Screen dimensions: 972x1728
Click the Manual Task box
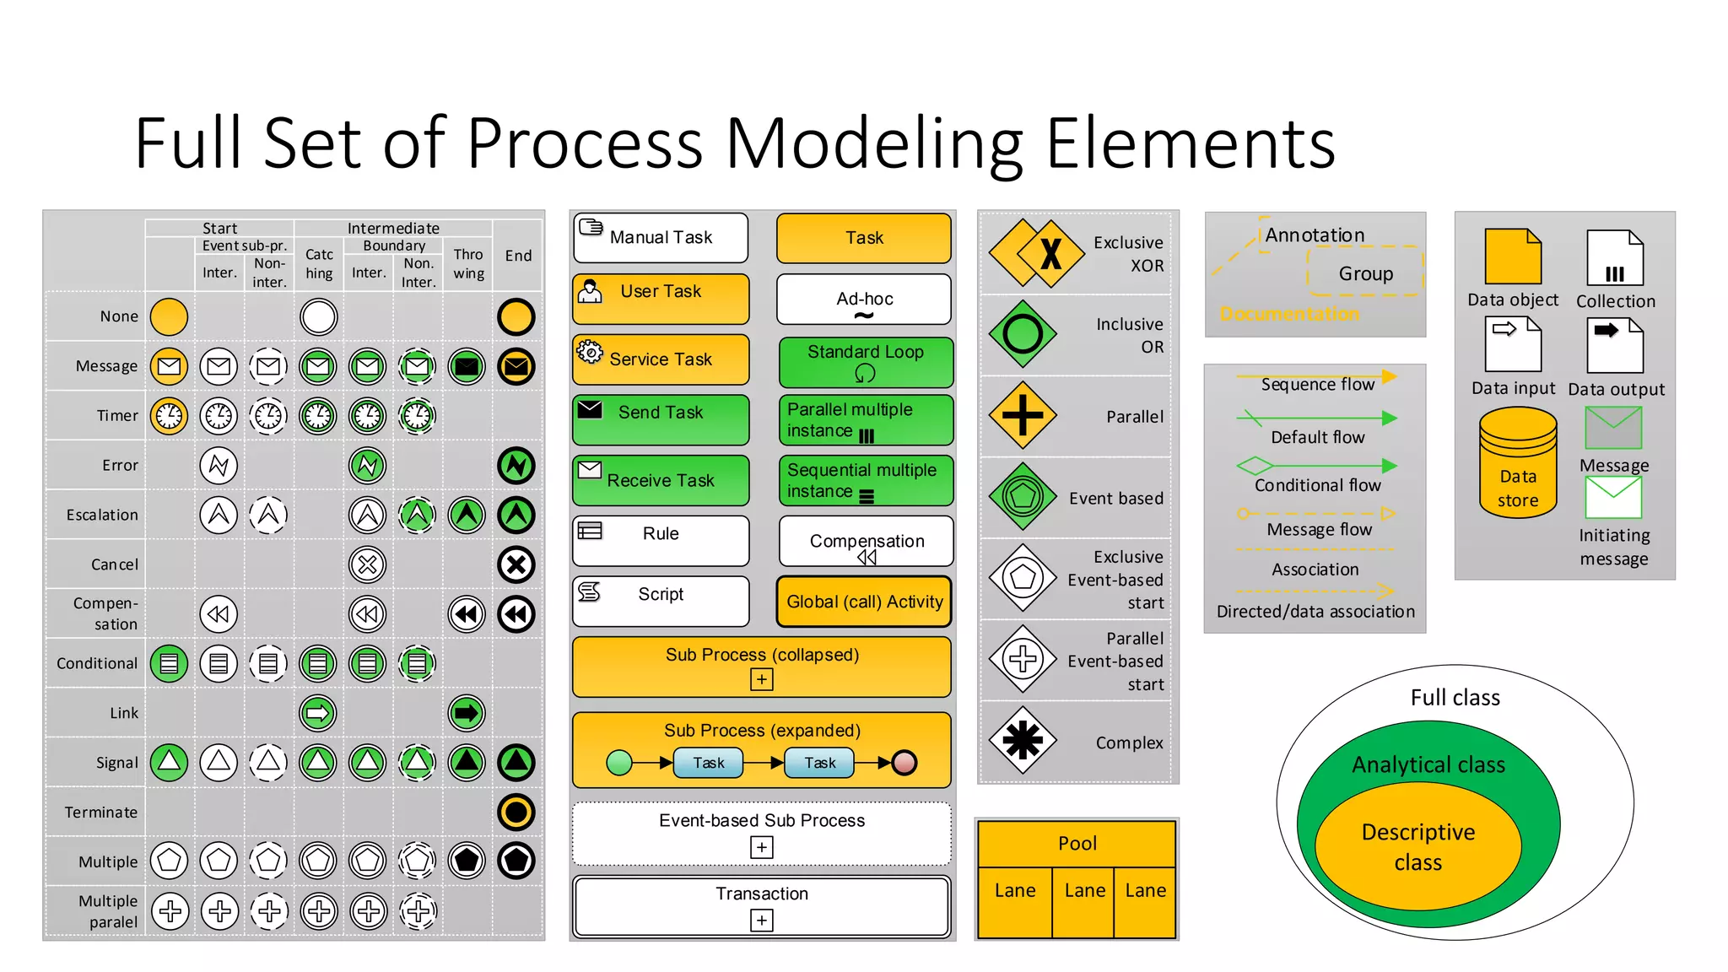pyautogui.click(x=661, y=237)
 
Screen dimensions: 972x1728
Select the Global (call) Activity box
pyautogui.click(x=864, y=602)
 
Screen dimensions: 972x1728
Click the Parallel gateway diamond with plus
pyautogui.click(x=1023, y=415)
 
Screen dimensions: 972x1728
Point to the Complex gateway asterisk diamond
pyautogui.click(x=1023, y=741)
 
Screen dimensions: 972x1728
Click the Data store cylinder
pyautogui.click(x=1517, y=463)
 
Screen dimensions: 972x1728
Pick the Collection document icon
pyautogui.click(x=1614, y=258)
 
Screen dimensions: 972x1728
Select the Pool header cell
pyautogui.click(x=1077, y=843)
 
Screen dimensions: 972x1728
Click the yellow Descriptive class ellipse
pyautogui.click(x=1417, y=846)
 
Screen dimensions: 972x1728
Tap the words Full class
pyautogui.click(x=1455, y=698)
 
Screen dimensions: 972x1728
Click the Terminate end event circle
pyautogui.click(x=516, y=812)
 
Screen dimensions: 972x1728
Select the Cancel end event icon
pyautogui.click(x=516, y=564)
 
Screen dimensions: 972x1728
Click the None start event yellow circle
pyautogui.click(x=169, y=317)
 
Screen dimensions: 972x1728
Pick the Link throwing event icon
pyautogui.click(x=467, y=713)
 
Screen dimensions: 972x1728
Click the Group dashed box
pyautogui.click(x=1364, y=273)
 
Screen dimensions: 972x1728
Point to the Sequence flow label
pyautogui.click(x=1317, y=385)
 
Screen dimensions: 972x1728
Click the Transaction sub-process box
pyautogui.click(x=761, y=906)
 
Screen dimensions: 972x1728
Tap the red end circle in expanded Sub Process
pyautogui.click(x=904, y=763)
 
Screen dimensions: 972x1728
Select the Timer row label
pyautogui.click(x=117, y=416)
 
